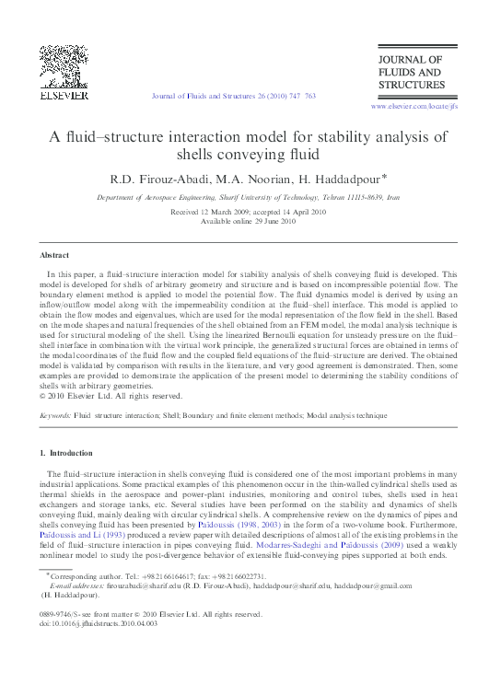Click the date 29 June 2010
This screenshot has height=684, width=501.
click(269, 221)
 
